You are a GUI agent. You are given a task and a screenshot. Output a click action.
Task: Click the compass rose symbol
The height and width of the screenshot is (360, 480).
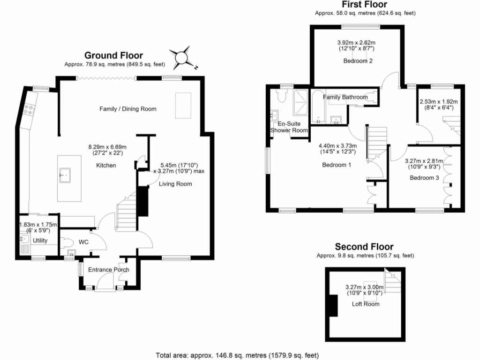click(x=182, y=58)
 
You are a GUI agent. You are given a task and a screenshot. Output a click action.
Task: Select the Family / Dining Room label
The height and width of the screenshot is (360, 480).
click(x=127, y=109)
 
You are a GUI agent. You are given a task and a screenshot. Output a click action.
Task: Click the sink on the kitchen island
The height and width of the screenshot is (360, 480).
click(x=65, y=176)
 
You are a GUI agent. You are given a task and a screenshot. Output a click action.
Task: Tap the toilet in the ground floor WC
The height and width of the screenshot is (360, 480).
click(x=67, y=243)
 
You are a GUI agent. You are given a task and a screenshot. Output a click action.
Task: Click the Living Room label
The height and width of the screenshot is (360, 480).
click(x=175, y=184)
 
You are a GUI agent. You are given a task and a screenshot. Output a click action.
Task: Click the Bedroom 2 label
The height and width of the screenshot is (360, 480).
click(x=358, y=60)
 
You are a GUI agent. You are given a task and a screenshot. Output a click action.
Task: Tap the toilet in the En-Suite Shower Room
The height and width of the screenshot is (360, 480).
click(x=282, y=97)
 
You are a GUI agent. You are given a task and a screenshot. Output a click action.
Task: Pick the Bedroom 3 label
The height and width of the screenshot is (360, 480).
click(x=424, y=178)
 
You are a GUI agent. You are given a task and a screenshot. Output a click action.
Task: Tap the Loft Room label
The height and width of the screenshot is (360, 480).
click(x=366, y=304)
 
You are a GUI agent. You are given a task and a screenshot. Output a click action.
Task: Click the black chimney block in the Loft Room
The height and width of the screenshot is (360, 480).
click(x=333, y=306)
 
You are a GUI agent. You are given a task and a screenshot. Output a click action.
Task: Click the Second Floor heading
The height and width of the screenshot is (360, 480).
click(x=364, y=247)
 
